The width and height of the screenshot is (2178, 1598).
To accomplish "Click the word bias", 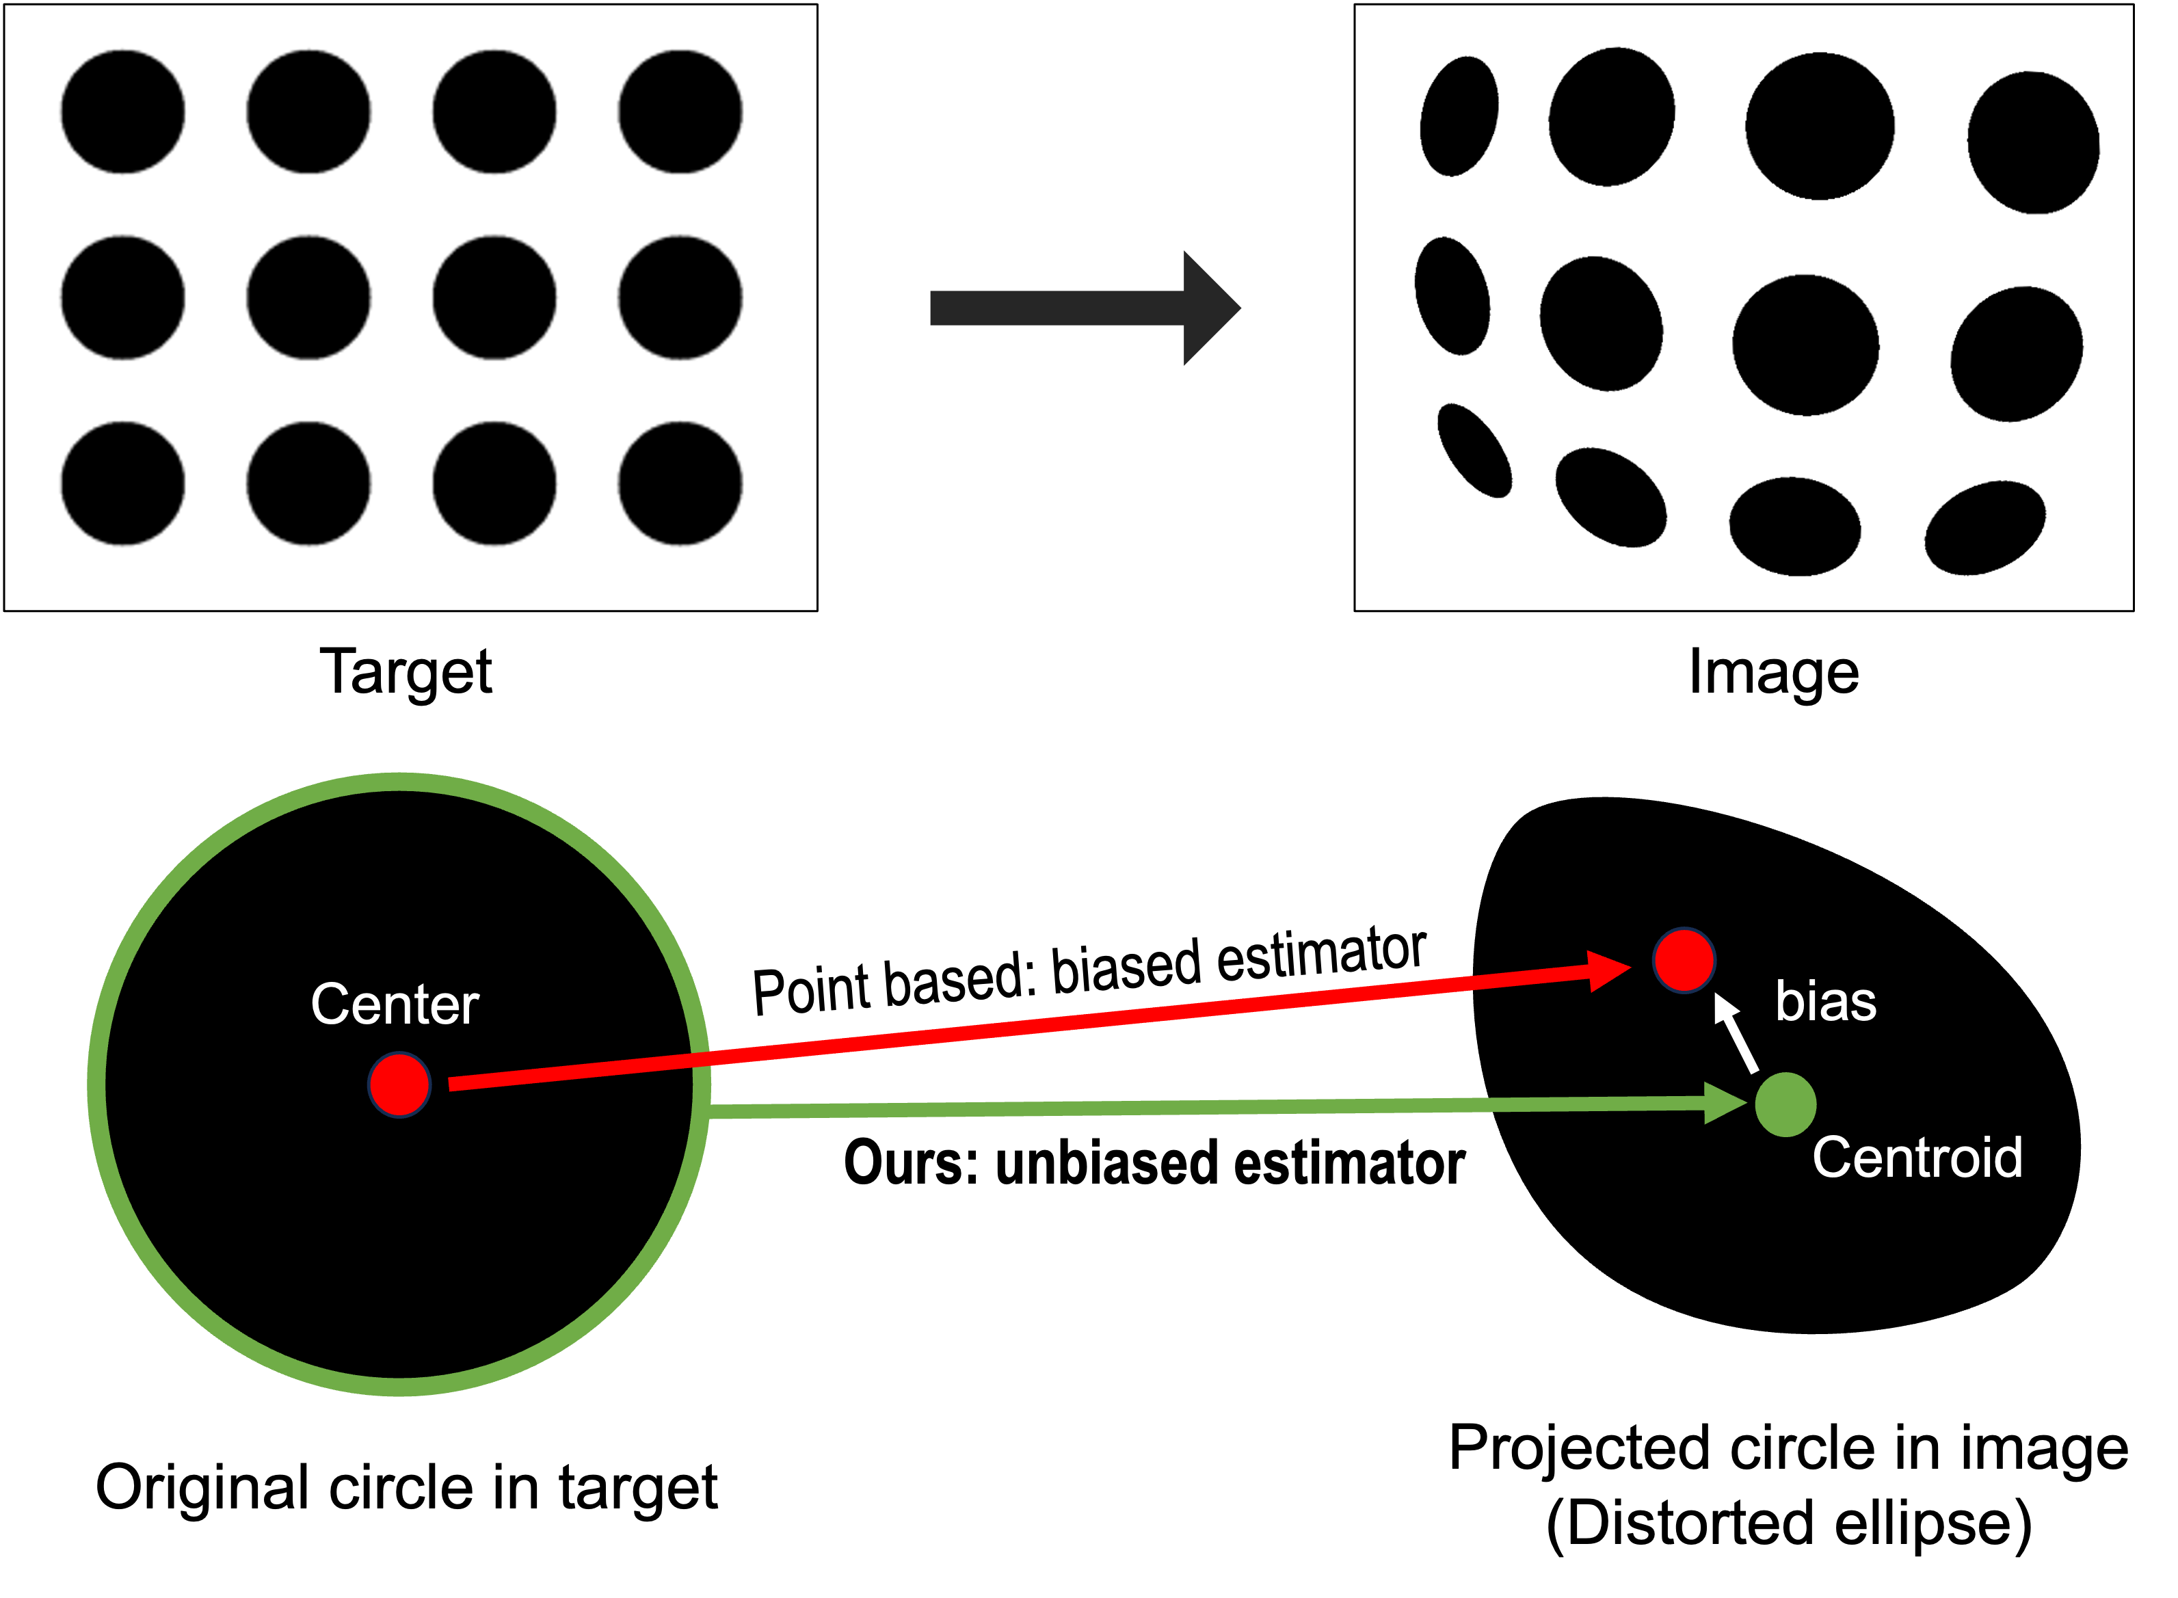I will (x=1825, y=1001).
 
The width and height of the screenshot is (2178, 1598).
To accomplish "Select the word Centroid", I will (x=1917, y=1157).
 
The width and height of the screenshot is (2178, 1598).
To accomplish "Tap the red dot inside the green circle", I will (x=399, y=1085).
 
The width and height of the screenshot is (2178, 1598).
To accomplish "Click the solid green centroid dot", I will (x=1785, y=1104).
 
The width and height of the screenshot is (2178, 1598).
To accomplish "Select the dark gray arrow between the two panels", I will (x=1083, y=308).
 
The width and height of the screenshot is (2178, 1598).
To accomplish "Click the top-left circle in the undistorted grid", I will (x=123, y=112).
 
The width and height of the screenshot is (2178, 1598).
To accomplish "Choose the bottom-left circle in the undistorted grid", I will (x=123, y=483).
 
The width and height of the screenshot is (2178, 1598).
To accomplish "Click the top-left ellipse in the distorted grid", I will (x=1459, y=116).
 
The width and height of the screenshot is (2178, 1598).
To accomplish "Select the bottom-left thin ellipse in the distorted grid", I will (x=1474, y=451).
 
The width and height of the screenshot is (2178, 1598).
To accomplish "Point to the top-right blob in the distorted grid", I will (x=2033, y=142).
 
